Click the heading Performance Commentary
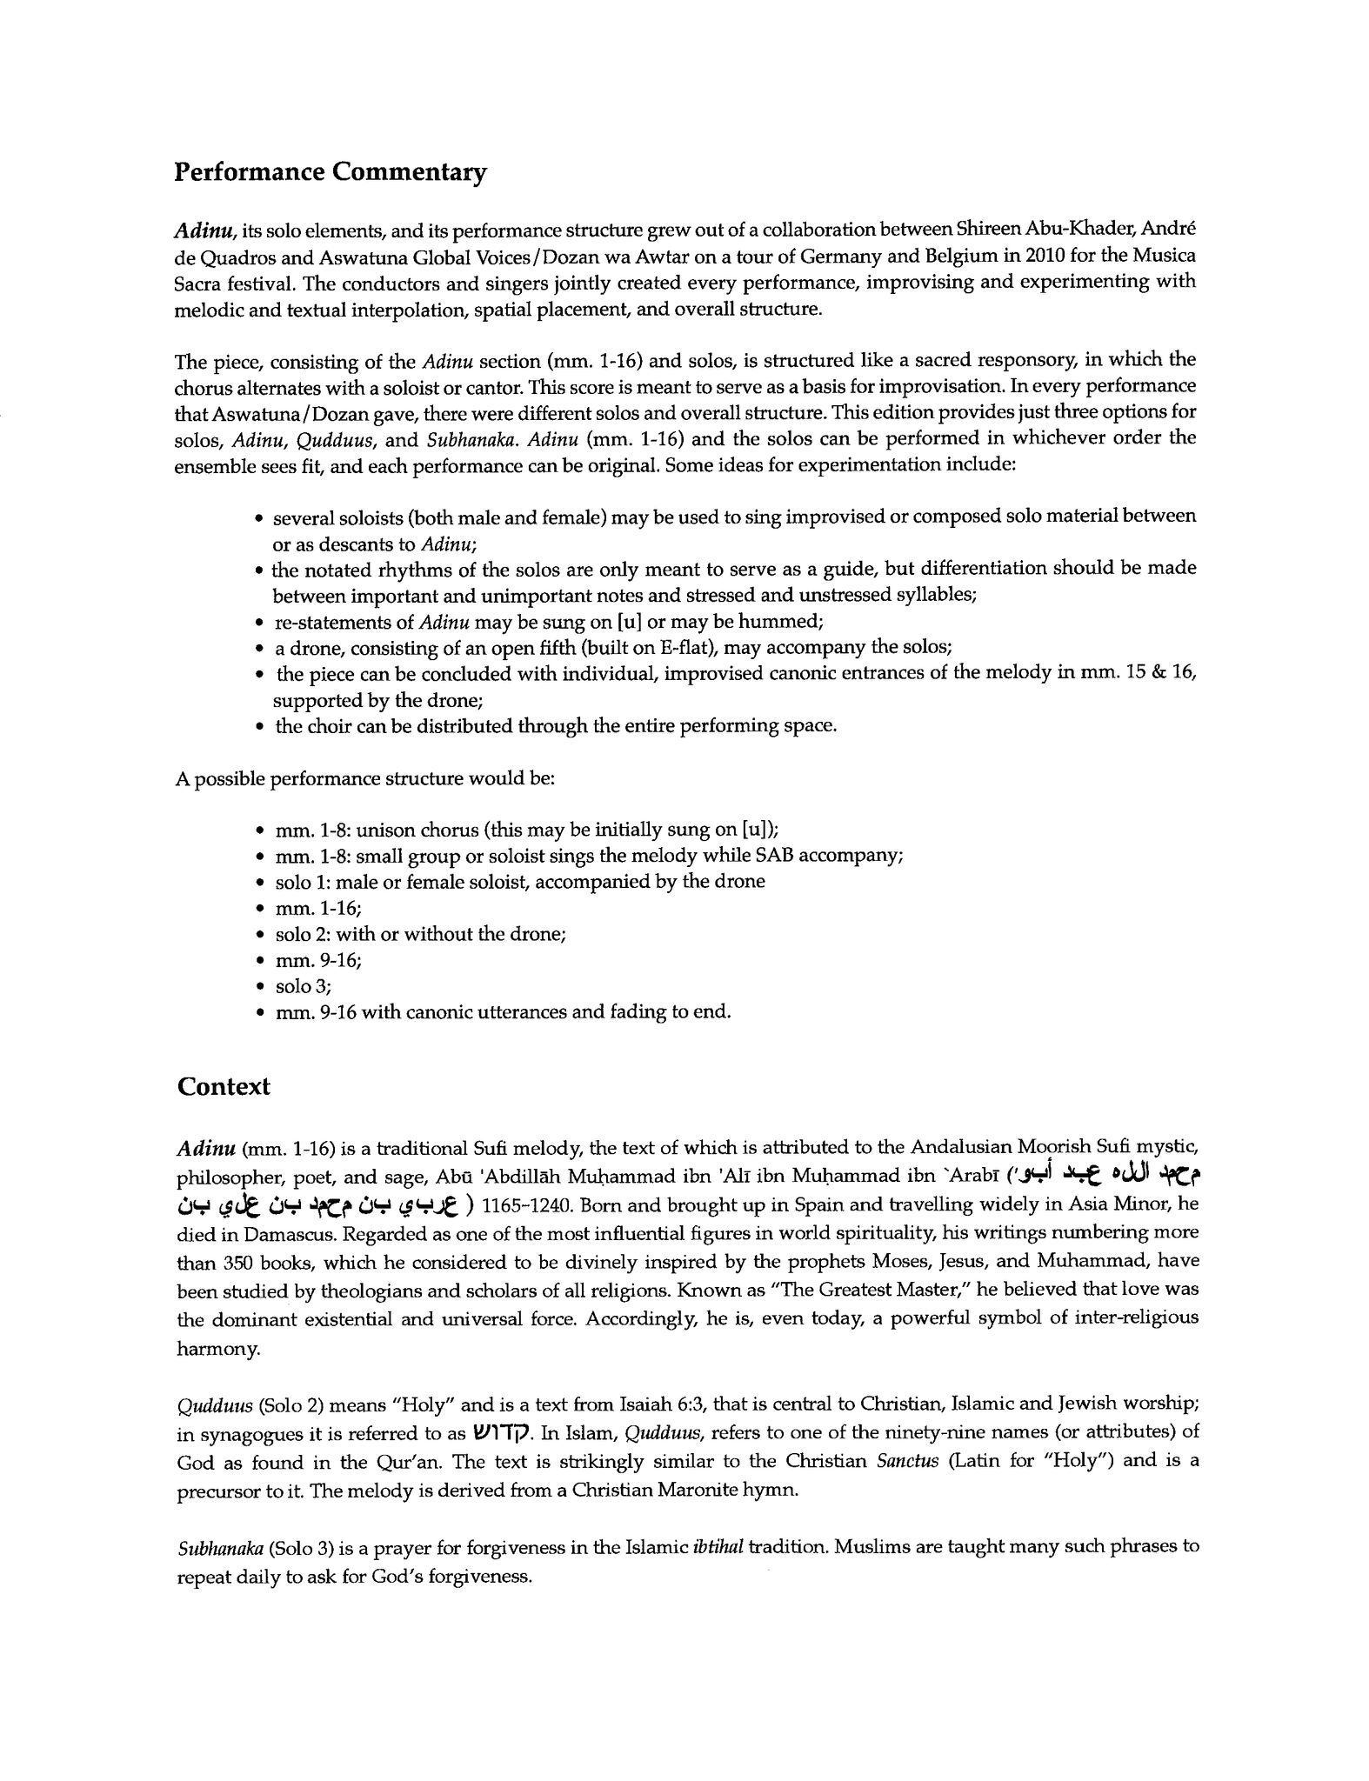(x=331, y=172)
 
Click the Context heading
(x=224, y=1086)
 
